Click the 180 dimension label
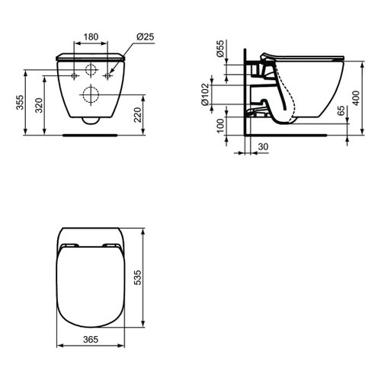[91, 36]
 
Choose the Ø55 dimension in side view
[220, 51]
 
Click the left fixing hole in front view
[74, 76]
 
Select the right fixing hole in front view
[107, 76]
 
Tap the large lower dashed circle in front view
[91, 96]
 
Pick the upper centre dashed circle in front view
[91, 71]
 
